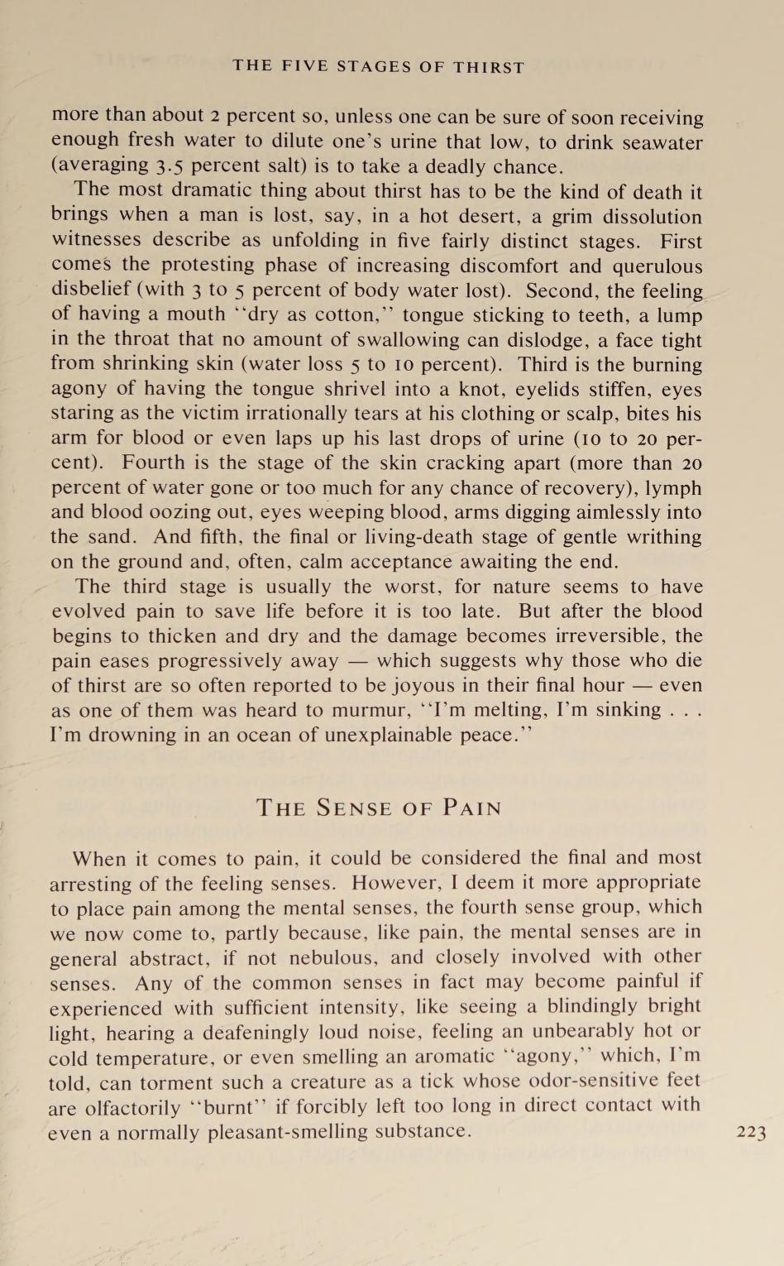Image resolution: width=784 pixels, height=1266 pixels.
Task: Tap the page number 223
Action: click(751, 1133)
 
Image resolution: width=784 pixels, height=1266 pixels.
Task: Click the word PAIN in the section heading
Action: click(471, 808)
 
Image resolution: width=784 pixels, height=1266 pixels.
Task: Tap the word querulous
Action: click(655, 266)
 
